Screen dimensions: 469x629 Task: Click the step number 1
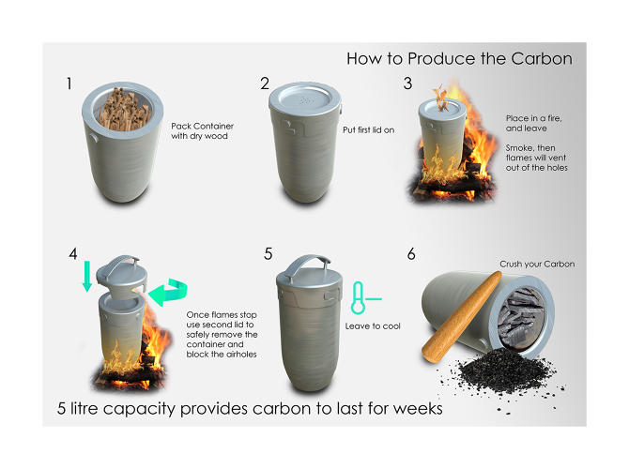[x=69, y=84]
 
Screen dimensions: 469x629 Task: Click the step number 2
[x=265, y=84]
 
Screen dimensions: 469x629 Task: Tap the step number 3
[x=407, y=83]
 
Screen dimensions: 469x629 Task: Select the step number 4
[x=73, y=253]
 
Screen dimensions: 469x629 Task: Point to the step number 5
[x=268, y=253]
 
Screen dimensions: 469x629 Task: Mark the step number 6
[x=410, y=253]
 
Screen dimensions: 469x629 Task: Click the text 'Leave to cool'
[x=372, y=325]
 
